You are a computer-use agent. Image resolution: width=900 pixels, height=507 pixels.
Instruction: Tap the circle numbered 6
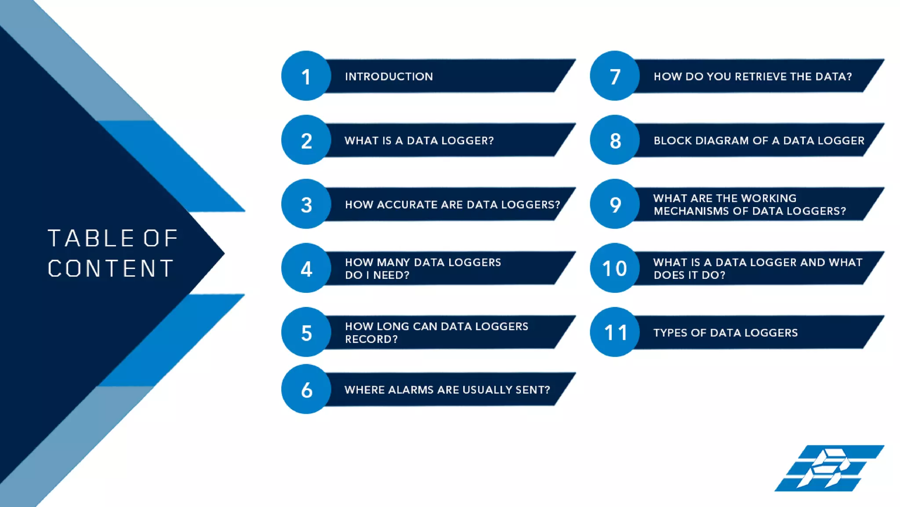click(306, 389)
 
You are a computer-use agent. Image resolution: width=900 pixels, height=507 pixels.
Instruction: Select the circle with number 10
click(614, 268)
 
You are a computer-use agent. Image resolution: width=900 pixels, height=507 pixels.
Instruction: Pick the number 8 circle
click(614, 140)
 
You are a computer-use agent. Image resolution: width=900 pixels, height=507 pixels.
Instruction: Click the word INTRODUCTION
click(389, 77)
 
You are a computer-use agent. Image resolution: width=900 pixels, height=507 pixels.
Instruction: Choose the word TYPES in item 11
click(670, 333)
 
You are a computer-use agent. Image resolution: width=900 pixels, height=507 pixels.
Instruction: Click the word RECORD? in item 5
click(371, 339)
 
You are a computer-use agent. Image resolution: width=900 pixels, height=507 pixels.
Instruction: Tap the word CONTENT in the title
click(111, 268)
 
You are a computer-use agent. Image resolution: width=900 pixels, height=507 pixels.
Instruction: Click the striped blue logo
click(829, 468)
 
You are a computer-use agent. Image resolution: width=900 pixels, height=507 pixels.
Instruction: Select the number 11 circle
click(614, 332)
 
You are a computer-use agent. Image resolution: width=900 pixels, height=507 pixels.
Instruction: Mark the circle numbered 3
click(306, 204)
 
